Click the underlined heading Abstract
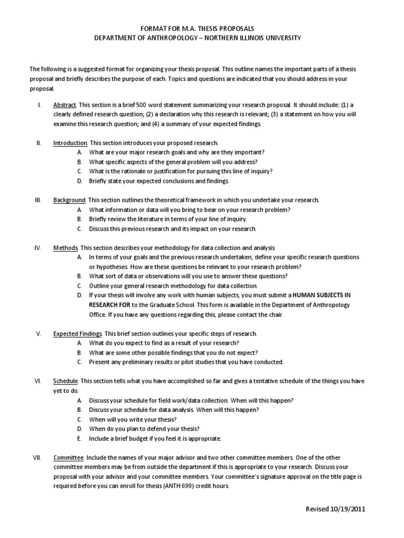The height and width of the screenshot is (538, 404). pyautogui.click(x=65, y=105)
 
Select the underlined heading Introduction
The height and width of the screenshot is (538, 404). pyautogui.click(x=70, y=143)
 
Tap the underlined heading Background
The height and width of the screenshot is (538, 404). pyautogui.click(x=69, y=200)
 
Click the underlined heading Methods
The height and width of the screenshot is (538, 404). pyautogui.click(x=66, y=247)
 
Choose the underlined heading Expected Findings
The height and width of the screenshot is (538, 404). pyautogui.click(x=77, y=334)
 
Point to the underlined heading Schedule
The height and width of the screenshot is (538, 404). pyautogui.click(x=66, y=381)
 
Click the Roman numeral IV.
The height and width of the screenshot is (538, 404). pyautogui.click(x=38, y=247)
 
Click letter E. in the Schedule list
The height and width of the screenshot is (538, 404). pyautogui.click(x=79, y=438)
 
